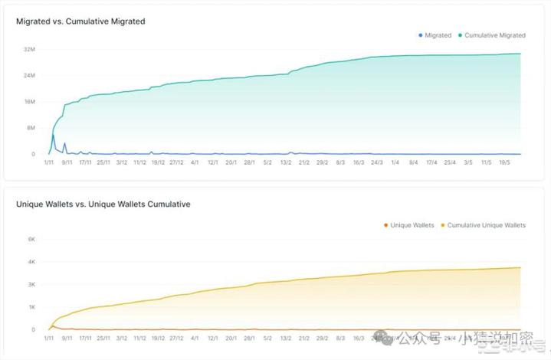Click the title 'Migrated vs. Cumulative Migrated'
tap(80, 21)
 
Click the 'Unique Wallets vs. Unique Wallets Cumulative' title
tap(103, 205)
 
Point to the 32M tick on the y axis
tap(30, 50)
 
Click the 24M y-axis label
tap(30, 76)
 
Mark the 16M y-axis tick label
tap(30, 102)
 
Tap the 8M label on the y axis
tap(31, 128)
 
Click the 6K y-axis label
tap(32, 239)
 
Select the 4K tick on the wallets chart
tap(32, 262)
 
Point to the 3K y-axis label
tap(32, 284)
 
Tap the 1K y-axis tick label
tap(32, 307)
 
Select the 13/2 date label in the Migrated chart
tap(286, 162)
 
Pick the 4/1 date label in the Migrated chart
tap(195, 162)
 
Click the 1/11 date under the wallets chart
tap(49, 338)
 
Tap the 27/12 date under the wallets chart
tap(176, 338)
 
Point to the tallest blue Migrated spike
tap(53, 136)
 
